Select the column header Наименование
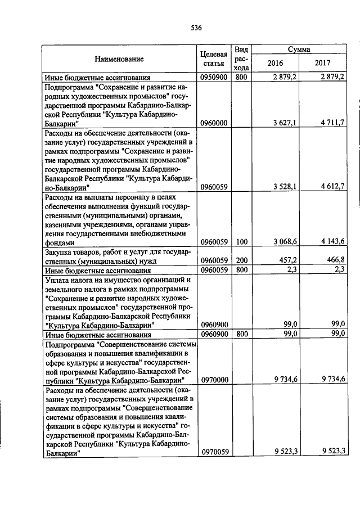pyautogui.click(x=119, y=58)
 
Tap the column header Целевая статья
pyautogui.click(x=213, y=58)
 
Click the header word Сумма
pyautogui.click(x=299, y=49)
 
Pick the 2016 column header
pyautogui.click(x=275, y=64)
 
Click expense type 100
pyautogui.click(x=241, y=242)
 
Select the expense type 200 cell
pyautogui.click(x=241, y=261)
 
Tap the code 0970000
pyautogui.click(x=213, y=380)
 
